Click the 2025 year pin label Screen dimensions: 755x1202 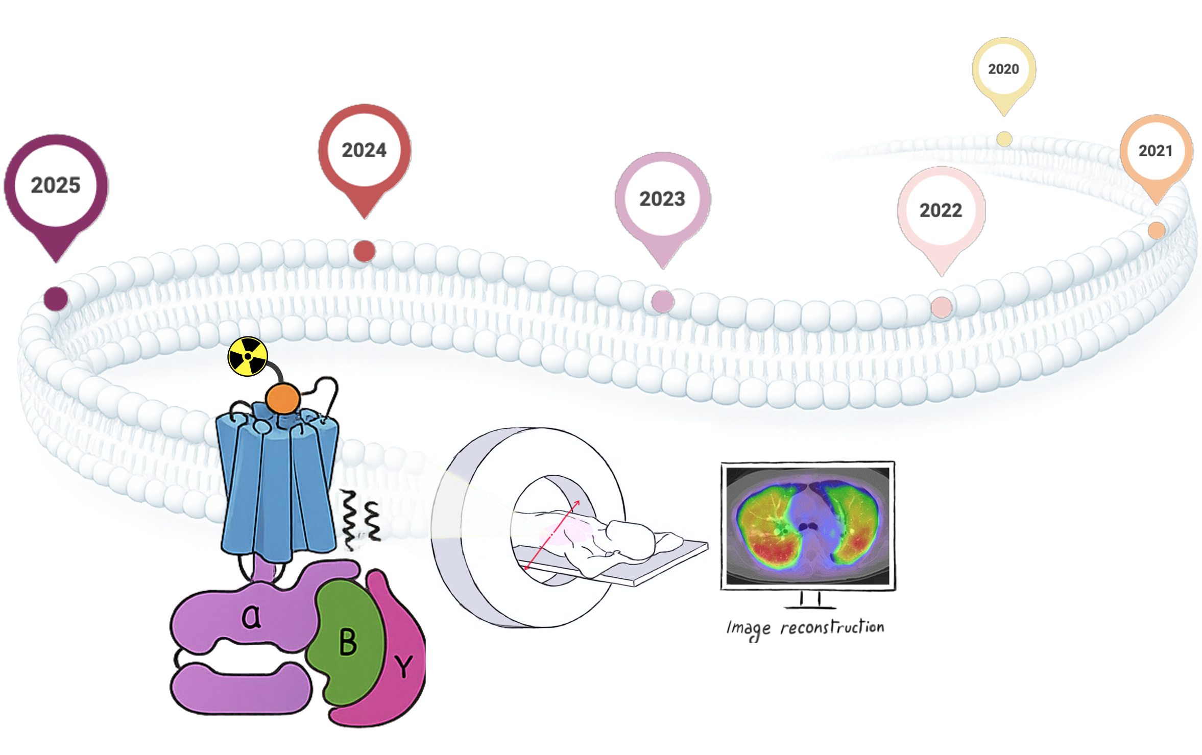click(56, 185)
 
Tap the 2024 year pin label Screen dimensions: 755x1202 click(364, 150)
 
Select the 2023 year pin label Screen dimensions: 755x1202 click(662, 199)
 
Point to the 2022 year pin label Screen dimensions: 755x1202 click(941, 210)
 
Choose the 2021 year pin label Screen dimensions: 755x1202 click(1156, 151)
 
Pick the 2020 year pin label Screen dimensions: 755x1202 click(1003, 69)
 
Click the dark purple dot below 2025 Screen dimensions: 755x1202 click(56, 299)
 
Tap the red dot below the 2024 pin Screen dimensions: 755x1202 click(364, 251)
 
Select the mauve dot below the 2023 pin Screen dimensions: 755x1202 click(662, 301)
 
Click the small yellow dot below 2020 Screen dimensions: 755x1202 click(1004, 139)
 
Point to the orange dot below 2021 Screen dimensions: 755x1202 click(1156, 230)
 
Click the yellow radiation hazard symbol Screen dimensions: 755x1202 click(248, 356)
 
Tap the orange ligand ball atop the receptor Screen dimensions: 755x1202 click(282, 399)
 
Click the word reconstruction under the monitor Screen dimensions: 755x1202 click(832, 627)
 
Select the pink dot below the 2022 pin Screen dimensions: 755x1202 click(941, 307)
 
